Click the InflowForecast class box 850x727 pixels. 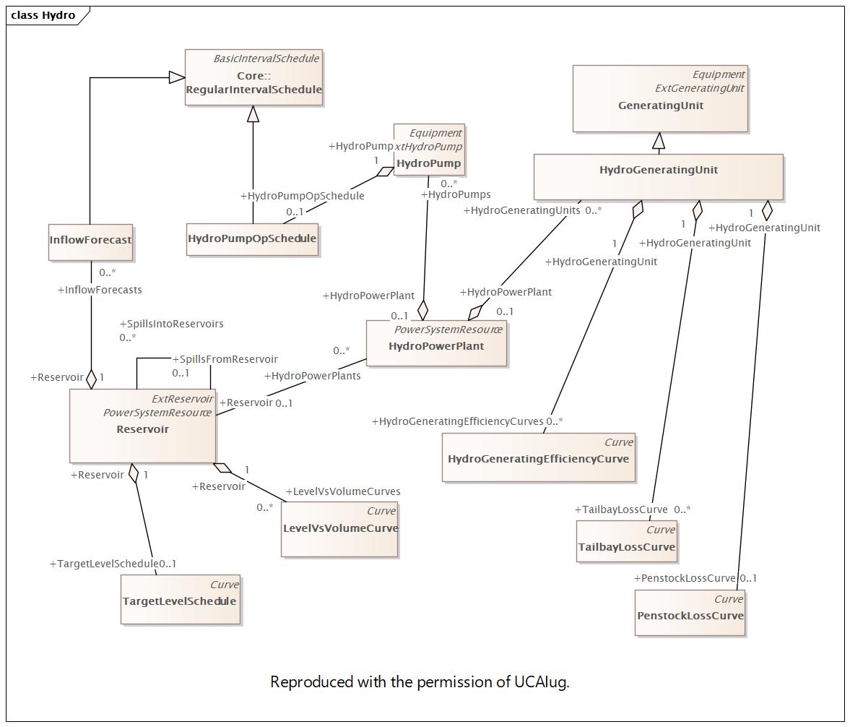click(x=90, y=242)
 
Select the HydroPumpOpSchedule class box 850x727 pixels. click(x=252, y=239)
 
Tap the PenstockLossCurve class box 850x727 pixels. click(x=690, y=613)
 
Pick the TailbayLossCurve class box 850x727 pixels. click(x=627, y=541)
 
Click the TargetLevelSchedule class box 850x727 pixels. click(x=180, y=600)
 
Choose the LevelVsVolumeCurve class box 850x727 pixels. click(x=339, y=529)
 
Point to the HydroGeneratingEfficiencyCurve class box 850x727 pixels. click(x=538, y=457)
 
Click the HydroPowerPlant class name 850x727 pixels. click(x=436, y=346)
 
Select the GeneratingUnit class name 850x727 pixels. click(x=661, y=106)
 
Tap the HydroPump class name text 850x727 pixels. click(x=429, y=163)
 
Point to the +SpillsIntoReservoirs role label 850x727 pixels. click(x=171, y=324)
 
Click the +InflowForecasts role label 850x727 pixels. click(x=100, y=290)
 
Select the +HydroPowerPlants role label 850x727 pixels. click(x=312, y=376)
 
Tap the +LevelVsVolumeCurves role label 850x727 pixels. click(x=343, y=491)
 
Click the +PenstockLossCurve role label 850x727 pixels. click(x=685, y=578)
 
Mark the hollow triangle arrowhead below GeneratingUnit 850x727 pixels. click(x=659, y=140)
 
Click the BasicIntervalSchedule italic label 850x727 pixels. click(x=266, y=59)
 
